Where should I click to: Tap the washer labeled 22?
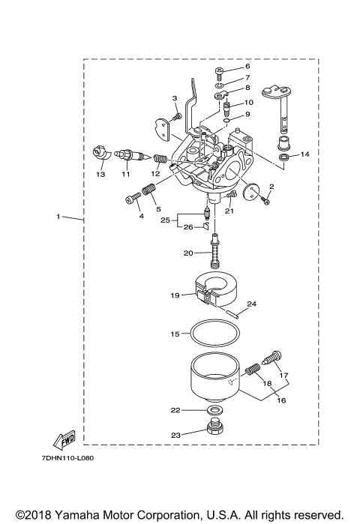click(x=213, y=412)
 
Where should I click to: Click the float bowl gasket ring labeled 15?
click(x=213, y=332)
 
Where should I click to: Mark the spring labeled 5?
click(x=148, y=199)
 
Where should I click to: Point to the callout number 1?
click(x=58, y=217)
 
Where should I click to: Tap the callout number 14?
click(x=304, y=154)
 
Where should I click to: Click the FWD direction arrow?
click(x=66, y=440)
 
